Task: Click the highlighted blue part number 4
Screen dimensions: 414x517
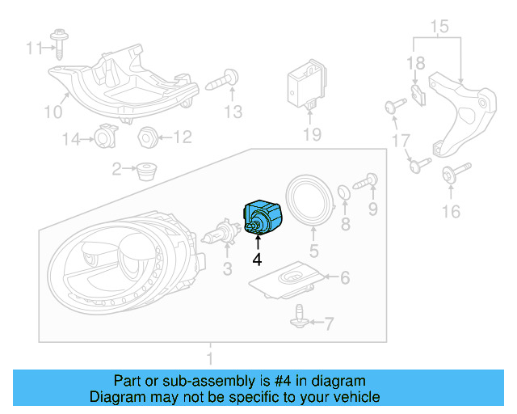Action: click(x=263, y=216)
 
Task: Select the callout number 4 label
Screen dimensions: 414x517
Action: click(x=257, y=260)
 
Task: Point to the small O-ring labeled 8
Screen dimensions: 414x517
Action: click(x=343, y=192)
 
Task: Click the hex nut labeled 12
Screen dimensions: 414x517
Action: click(x=148, y=137)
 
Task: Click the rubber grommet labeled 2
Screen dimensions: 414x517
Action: click(x=146, y=170)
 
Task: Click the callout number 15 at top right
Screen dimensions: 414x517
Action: click(x=438, y=28)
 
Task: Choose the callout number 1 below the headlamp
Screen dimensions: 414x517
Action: click(x=209, y=357)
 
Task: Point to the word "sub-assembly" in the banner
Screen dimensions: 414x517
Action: click(x=191, y=381)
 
